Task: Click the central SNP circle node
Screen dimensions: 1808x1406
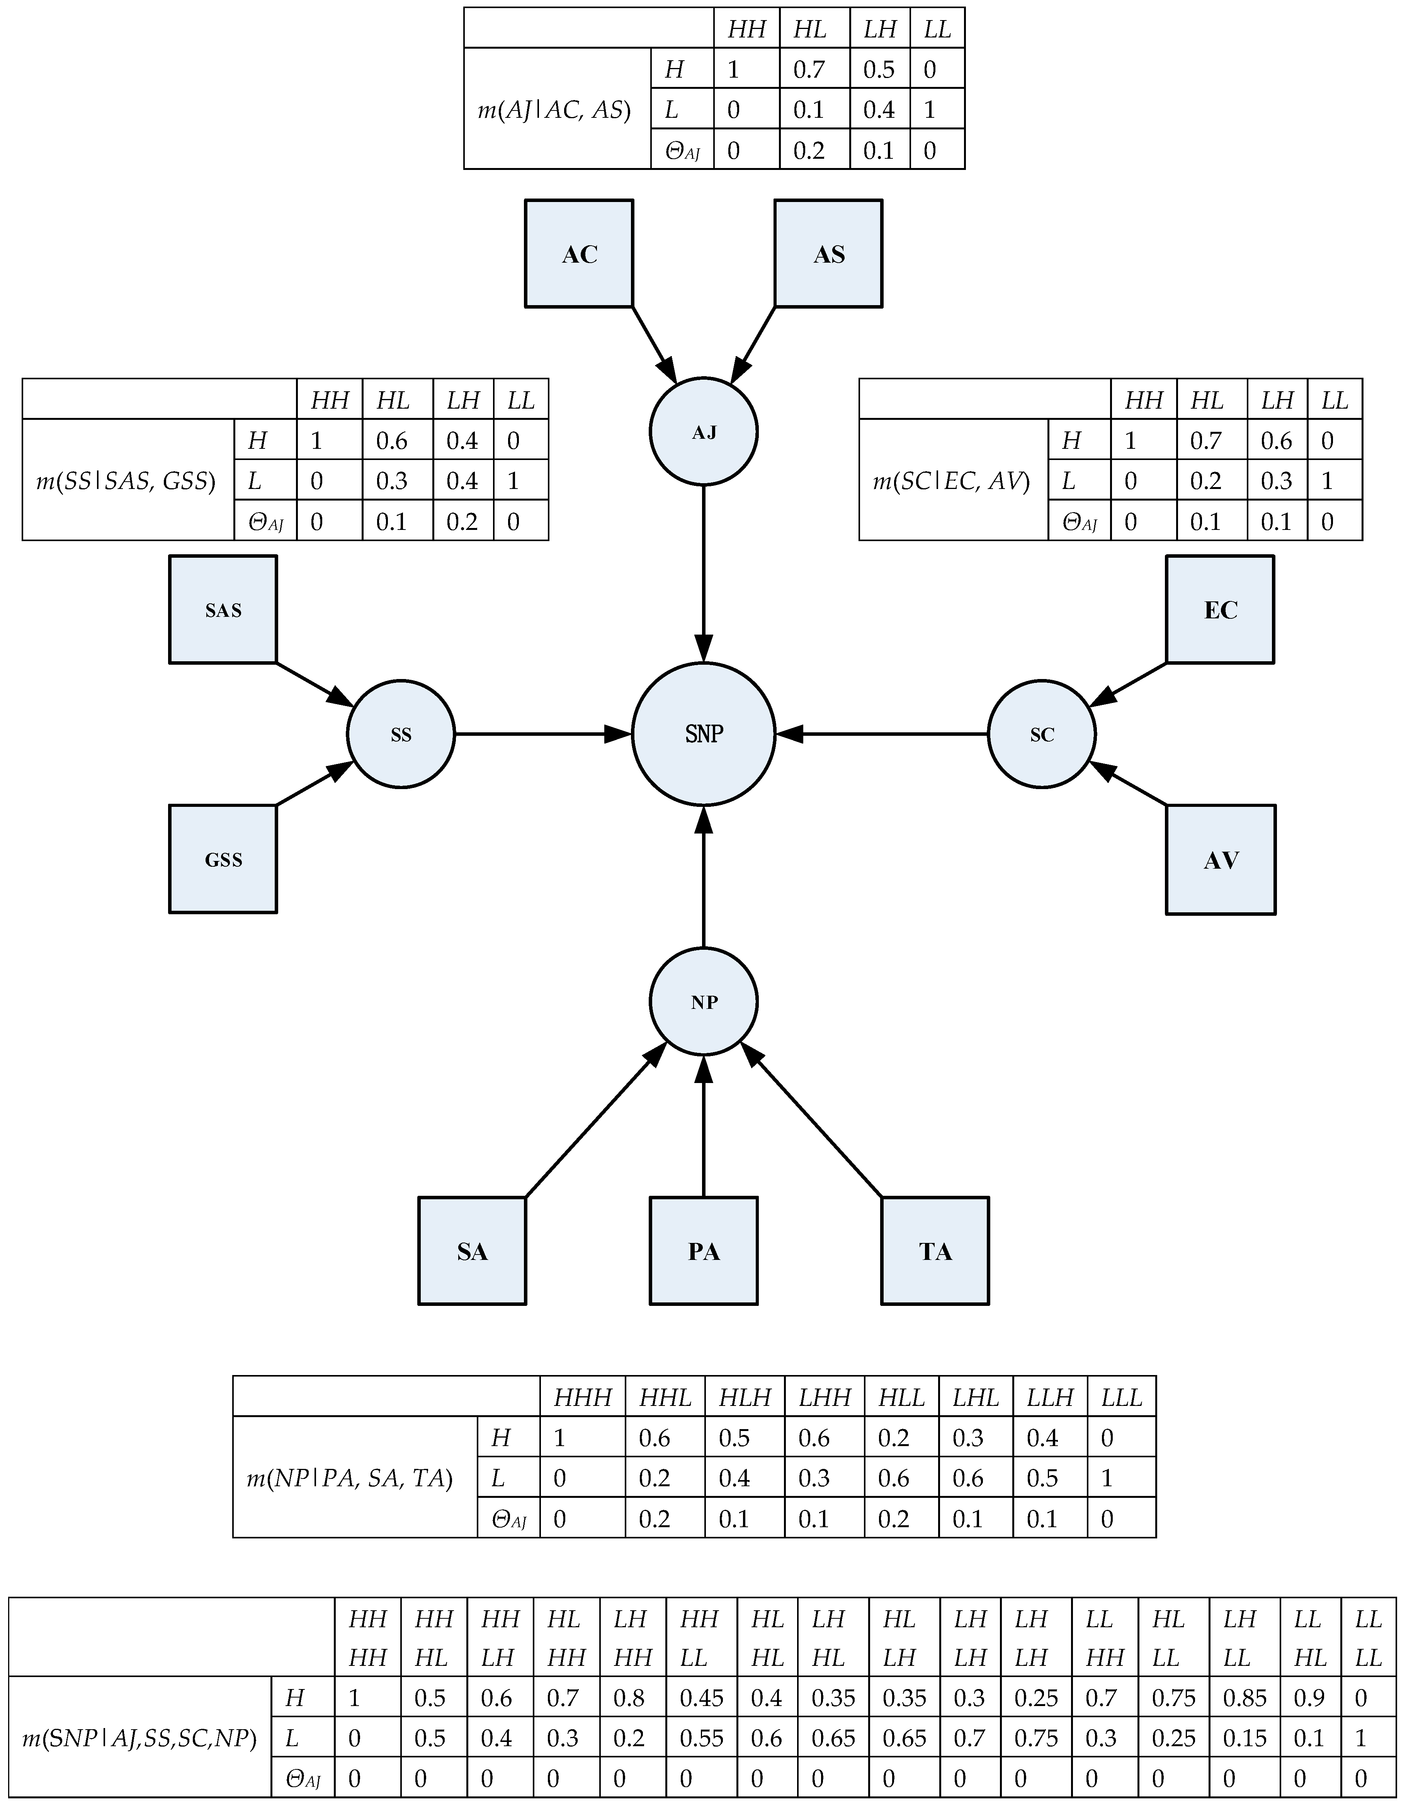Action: pyautogui.click(x=703, y=733)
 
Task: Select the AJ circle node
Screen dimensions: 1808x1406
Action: pyautogui.click(x=703, y=432)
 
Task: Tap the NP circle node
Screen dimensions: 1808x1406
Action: pyautogui.click(x=703, y=1002)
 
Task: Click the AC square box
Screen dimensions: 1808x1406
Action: pyautogui.click(x=579, y=253)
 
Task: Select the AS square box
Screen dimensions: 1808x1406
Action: pyautogui.click(x=828, y=253)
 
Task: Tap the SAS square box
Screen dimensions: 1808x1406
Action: pyautogui.click(x=223, y=609)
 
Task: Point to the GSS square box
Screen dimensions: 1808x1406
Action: pyautogui.click(x=223, y=859)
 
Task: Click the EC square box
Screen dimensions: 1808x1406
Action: pyautogui.click(x=1220, y=609)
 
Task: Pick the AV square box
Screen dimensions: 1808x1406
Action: pyautogui.click(x=1221, y=859)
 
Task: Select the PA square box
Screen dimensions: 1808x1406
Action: pyautogui.click(x=703, y=1251)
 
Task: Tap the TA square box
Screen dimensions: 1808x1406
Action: pyautogui.click(x=935, y=1251)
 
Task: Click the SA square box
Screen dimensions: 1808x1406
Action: pyautogui.click(x=472, y=1251)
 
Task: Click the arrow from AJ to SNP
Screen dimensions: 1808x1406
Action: pyautogui.click(x=703, y=571)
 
